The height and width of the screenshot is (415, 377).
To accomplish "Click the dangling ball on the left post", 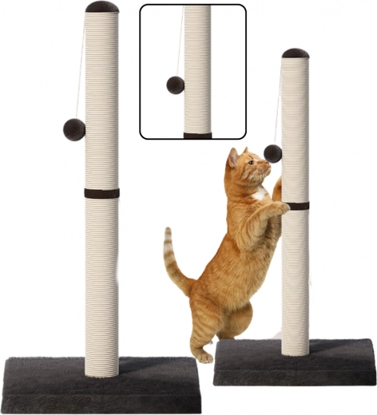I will pyautogui.click(x=74, y=129).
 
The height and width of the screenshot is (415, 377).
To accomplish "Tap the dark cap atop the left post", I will pyautogui.click(x=102, y=7).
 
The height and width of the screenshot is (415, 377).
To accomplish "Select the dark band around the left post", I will pyautogui.click(x=101, y=193).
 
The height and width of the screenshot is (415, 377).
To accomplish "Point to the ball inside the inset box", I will pyautogui.click(x=175, y=85).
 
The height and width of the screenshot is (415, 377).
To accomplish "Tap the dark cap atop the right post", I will pyautogui.click(x=295, y=53).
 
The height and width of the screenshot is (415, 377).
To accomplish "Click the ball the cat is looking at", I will pyautogui.click(x=273, y=152).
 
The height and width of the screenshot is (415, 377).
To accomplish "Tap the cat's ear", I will pyautogui.click(x=232, y=156).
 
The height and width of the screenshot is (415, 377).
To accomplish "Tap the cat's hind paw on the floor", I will pyautogui.click(x=204, y=356).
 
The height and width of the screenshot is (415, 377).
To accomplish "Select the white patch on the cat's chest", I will pyautogui.click(x=260, y=193).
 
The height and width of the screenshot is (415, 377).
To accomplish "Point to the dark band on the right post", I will pyautogui.click(x=296, y=206).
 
